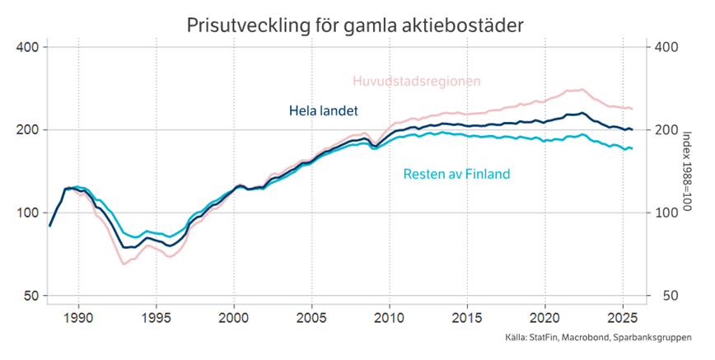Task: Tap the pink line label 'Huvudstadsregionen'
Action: point(416,81)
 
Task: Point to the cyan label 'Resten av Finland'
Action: point(456,174)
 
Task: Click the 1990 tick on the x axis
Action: point(78,317)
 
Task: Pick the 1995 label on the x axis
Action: point(156,317)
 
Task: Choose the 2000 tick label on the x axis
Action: point(234,317)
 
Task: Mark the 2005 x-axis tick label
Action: point(311,317)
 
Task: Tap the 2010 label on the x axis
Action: point(389,317)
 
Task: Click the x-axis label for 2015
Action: point(466,317)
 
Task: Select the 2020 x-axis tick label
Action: point(544,317)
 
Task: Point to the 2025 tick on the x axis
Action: point(622,317)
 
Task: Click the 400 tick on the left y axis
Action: point(28,47)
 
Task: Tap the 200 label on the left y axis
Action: point(28,130)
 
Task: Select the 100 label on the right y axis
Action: point(666,213)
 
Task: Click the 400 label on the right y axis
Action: point(666,47)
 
